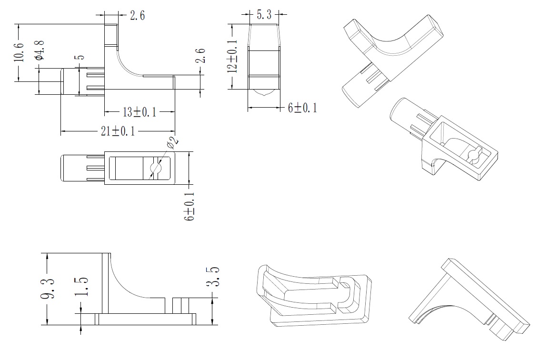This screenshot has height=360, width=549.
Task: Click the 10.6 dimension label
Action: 20,52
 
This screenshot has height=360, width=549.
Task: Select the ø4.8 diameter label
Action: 40,50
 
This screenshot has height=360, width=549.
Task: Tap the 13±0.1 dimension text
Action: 140,112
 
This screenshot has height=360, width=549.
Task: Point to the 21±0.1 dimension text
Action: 118,131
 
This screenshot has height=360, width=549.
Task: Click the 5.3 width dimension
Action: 264,15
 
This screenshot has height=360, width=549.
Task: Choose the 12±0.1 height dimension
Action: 232,56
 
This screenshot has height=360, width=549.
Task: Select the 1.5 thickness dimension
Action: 81,287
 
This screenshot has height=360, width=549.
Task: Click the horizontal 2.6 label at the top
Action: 137,15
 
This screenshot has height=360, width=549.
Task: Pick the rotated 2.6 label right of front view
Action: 200,56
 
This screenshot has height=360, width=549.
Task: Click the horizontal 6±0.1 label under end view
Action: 302,108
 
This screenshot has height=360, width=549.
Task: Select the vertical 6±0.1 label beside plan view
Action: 190,206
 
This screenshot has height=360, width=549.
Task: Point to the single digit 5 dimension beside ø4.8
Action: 80,57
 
